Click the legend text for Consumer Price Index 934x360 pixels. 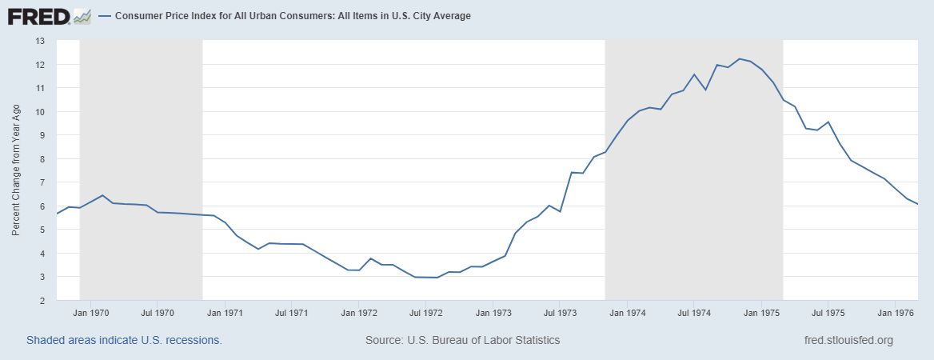(293, 16)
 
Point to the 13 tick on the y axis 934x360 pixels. (40, 41)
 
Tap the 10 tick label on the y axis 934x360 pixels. (40, 111)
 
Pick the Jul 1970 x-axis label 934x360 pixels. (158, 312)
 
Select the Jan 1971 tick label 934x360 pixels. (226, 312)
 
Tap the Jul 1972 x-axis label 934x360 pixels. (427, 312)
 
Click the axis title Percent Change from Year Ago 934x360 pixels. (16, 170)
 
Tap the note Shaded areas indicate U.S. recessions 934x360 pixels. (124, 340)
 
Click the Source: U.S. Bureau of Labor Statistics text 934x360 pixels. (462, 340)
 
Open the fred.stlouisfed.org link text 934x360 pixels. (848, 340)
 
